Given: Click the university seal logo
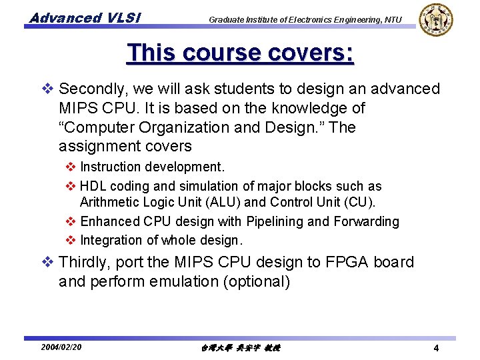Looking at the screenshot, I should point(436,19).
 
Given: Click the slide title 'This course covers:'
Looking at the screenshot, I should point(240,53).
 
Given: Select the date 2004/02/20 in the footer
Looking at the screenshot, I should point(61,347).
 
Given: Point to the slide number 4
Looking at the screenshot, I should point(435,348).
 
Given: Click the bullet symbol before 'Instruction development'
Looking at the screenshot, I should point(71,167).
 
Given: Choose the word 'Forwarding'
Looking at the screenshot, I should point(366,221).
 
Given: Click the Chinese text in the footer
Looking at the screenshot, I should point(241,347).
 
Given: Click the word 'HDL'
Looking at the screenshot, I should point(93,186).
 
